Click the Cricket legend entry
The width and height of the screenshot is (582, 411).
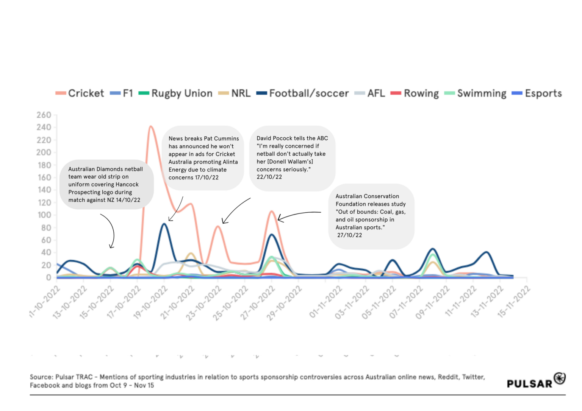80,93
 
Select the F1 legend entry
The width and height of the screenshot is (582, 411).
122,93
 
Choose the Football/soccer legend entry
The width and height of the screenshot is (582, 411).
303,93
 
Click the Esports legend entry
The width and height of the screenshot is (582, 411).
537,93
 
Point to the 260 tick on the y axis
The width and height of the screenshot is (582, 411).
44,115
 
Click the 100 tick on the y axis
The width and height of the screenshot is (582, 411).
44,215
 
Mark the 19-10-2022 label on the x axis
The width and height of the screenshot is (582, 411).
151,303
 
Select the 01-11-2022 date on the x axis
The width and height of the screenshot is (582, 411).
326,303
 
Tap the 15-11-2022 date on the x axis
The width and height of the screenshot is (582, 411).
514,303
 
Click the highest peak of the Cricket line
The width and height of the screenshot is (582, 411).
151,126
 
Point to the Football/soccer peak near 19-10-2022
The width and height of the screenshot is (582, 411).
164,224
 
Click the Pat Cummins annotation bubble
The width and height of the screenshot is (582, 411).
203,158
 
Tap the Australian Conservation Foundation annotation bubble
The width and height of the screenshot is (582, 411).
371,216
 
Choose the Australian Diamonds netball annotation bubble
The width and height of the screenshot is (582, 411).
106,184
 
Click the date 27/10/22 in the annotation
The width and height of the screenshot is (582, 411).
350,235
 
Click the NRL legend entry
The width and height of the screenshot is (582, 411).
235,93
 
